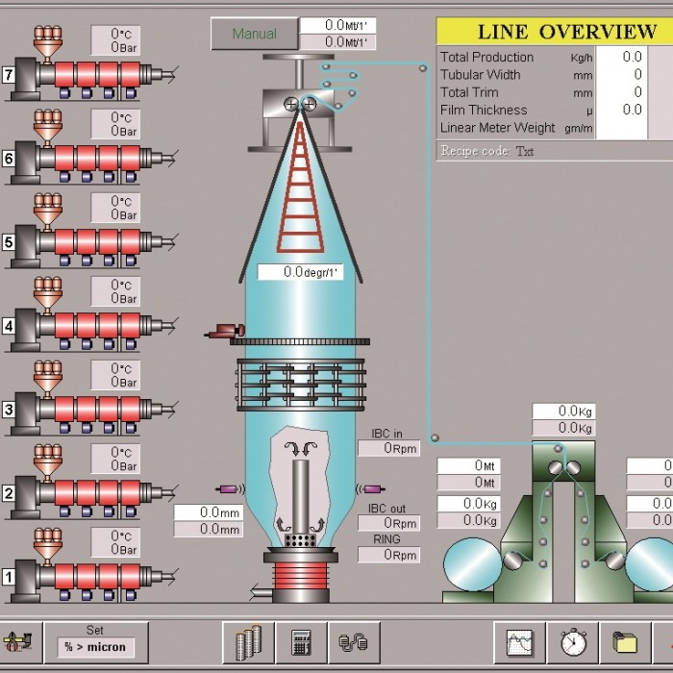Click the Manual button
point(254,34)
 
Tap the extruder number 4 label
point(8,326)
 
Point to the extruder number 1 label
point(8,577)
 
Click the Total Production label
point(486,58)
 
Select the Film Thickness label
point(484,111)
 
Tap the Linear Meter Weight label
point(497,128)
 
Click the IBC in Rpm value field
point(388,449)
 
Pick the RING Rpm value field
point(388,555)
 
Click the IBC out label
point(386,509)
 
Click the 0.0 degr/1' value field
point(300,273)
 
